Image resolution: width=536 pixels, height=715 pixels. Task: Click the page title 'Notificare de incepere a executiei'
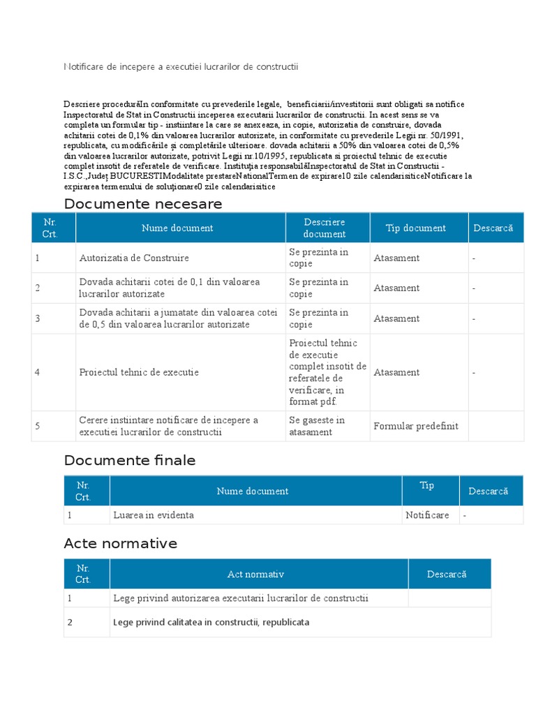181,66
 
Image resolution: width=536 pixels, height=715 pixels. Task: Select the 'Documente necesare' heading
142,204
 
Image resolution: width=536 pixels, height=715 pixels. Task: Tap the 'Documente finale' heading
129,461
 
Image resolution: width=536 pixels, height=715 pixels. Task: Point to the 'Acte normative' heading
120,543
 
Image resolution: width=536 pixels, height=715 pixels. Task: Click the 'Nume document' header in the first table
177,228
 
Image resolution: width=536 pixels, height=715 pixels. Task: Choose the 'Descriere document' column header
324,228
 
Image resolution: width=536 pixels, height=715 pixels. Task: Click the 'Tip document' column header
416,228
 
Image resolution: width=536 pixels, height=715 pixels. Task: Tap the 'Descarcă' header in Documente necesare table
493,228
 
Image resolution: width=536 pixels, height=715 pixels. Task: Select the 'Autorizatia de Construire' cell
134,258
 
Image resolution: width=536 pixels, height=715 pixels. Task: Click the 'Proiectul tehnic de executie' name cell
139,372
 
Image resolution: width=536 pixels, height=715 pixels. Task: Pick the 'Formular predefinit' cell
416,426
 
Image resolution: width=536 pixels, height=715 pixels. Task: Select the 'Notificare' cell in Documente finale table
427,515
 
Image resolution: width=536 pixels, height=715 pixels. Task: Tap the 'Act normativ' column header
255,574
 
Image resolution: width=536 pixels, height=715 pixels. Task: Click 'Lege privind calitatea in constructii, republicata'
211,622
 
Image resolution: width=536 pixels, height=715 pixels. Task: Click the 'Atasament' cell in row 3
396,318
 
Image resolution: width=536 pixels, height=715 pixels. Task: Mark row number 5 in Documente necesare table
38,426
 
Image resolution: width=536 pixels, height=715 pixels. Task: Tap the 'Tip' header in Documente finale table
426,485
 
